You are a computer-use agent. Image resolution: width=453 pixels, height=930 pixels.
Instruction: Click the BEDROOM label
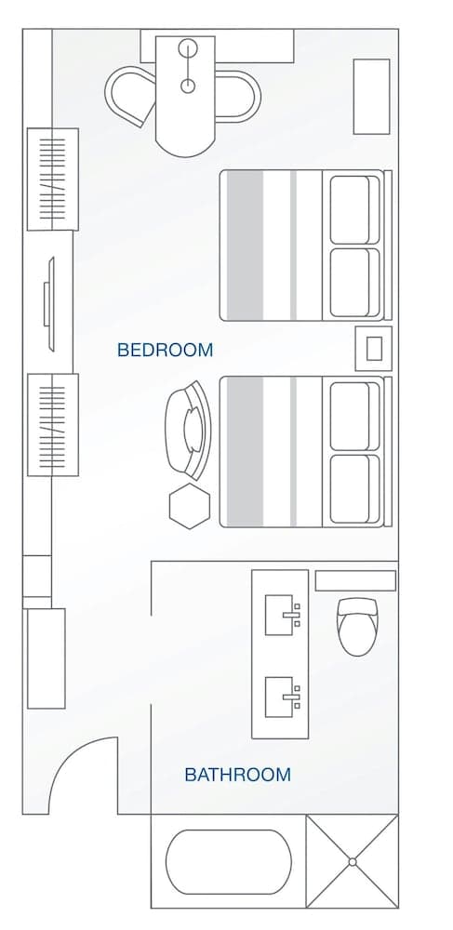pos(165,351)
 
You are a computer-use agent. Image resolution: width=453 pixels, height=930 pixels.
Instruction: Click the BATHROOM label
pos(237,774)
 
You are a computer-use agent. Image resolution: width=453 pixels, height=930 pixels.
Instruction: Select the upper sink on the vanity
pos(283,616)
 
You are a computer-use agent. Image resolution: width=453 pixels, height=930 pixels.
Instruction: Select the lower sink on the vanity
pos(283,697)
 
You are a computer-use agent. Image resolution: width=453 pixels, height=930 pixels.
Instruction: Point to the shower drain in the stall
pos(353,862)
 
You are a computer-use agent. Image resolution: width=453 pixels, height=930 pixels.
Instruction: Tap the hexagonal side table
pos(190,506)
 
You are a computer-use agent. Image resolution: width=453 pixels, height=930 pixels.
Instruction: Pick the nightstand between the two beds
pos(374,348)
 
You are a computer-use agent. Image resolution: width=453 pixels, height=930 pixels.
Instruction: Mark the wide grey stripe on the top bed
pos(246,246)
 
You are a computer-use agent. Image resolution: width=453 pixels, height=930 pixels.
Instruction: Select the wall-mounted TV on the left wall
pos(49,303)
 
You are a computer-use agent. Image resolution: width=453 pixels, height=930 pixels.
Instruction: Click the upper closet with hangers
pos(52,179)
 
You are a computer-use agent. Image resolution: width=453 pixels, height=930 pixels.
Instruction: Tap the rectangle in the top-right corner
pos(371,97)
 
